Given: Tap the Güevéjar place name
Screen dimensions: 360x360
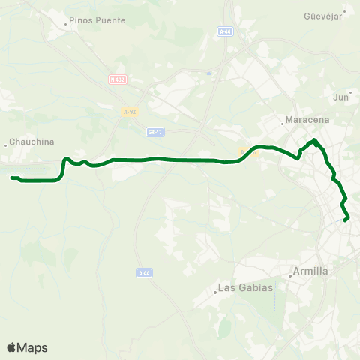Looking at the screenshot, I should [322, 16].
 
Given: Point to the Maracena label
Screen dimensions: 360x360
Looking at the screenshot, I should [304, 120].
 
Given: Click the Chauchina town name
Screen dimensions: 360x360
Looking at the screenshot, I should [31, 142].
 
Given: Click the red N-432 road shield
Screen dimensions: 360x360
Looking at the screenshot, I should [116, 79].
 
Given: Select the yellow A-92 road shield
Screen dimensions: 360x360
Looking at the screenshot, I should [129, 112].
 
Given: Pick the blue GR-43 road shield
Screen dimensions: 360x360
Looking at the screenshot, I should [155, 131].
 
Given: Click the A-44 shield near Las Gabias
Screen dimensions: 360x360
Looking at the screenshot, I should [145, 273].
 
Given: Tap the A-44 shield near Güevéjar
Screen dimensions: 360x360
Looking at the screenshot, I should [226, 31].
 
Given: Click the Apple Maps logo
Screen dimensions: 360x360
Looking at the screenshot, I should [27, 347].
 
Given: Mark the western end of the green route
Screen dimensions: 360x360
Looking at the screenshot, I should [12, 178].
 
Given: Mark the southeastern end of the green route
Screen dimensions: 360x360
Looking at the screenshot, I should [346, 220].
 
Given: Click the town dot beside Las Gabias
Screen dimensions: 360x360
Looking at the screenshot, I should [214, 292].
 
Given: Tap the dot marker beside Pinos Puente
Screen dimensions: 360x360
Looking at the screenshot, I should [66, 24].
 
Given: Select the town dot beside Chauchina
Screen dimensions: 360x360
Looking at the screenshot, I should [6, 145].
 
